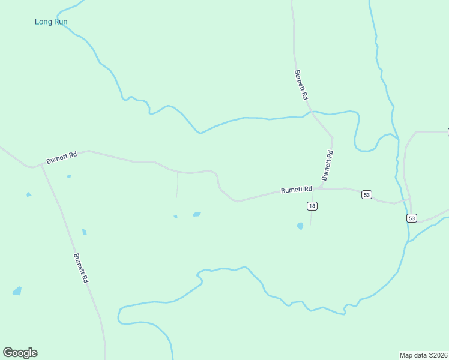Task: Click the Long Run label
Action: [51, 22]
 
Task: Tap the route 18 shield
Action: [312, 206]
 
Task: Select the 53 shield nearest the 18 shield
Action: [367, 194]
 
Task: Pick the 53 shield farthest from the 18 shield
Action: [411, 218]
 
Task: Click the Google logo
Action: [20, 353]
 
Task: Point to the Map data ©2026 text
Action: [423, 355]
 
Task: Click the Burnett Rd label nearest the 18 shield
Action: [297, 190]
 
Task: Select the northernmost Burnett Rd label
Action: [301, 85]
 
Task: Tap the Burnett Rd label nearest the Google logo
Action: [81, 268]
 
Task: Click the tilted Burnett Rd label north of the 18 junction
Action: [327, 166]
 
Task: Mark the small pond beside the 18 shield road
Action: [300, 226]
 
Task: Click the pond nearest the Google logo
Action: [17, 291]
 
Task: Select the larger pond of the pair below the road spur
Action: [196, 214]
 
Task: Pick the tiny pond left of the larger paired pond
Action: [175, 217]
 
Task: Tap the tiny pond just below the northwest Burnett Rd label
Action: [68, 176]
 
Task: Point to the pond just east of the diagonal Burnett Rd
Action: [84, 232]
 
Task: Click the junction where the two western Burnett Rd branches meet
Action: [41, 166]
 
